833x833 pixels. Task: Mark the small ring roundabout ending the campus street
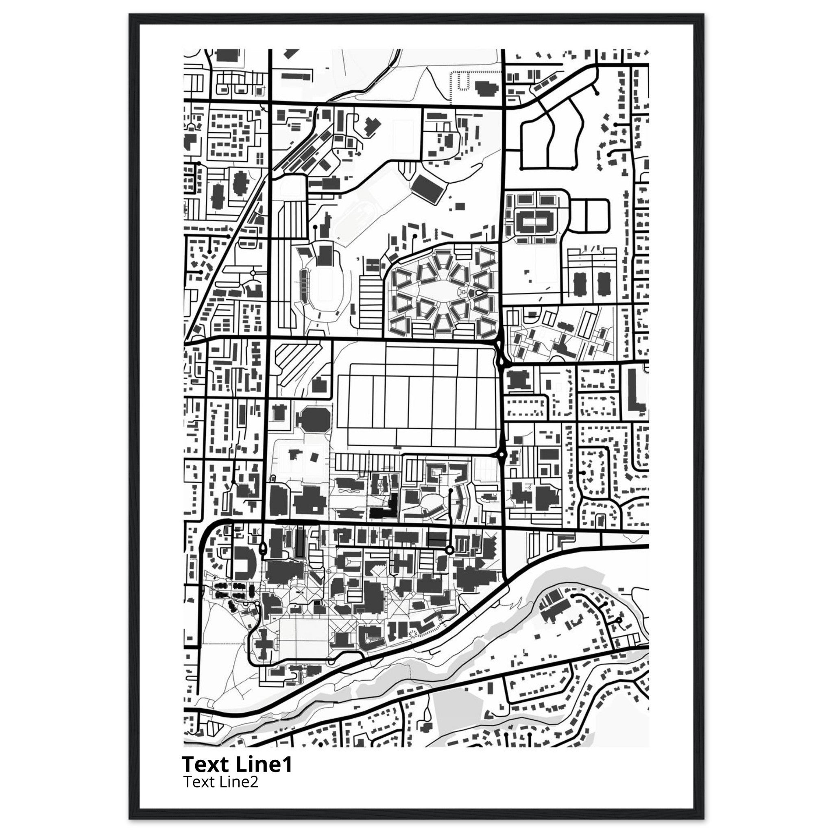[449, 550]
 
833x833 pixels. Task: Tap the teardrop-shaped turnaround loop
[263, 549]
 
